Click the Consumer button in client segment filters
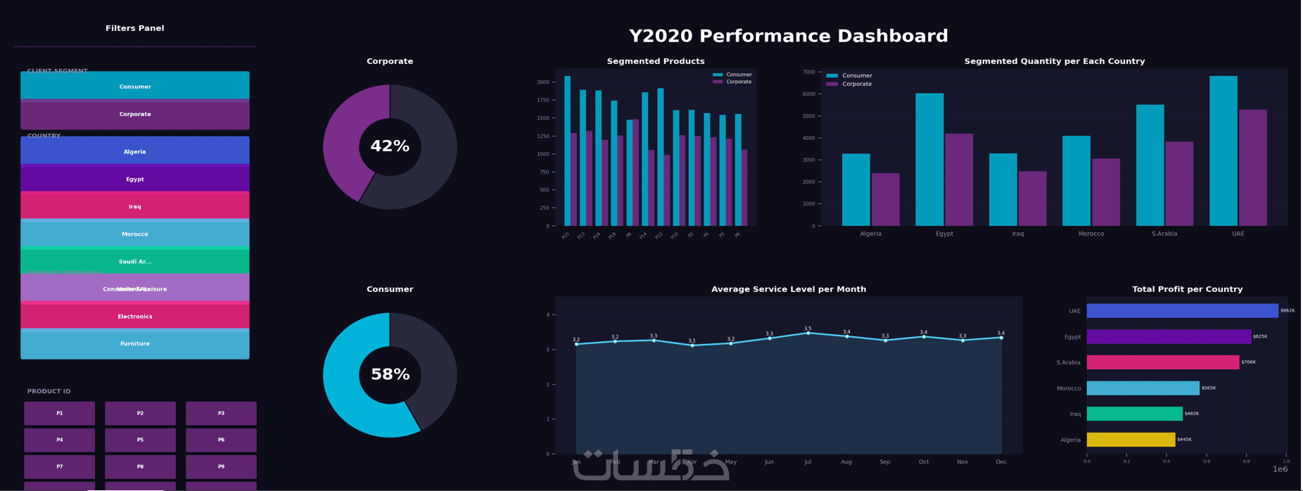click(x=135, y=87)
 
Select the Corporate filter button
click(x=135, y=115)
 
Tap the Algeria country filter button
click(x=135, y=151)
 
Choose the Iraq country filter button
click(x=135, y=207)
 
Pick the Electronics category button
click(x=135, y=317)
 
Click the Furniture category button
click(x=135, y=344)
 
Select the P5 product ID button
click(x=140, y=440)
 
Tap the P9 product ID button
click(x=221, y=467)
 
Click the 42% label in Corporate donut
click(x=390, y=147)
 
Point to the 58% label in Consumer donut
click(x=390, y=375)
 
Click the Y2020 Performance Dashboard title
click(x=789, y=37)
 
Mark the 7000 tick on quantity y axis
click(x=808, y=72)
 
